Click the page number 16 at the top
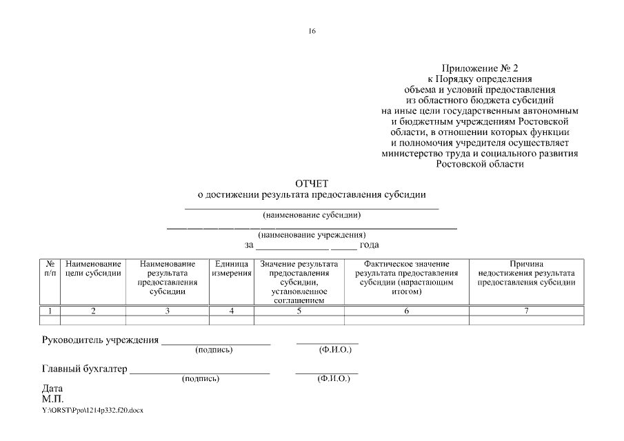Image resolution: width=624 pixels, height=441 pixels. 312,31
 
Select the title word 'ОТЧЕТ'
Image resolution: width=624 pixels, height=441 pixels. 312,183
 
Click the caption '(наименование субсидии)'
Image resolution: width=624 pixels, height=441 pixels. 312,215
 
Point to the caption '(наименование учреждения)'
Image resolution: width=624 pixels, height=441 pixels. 312,235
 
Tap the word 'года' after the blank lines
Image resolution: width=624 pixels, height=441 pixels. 370,245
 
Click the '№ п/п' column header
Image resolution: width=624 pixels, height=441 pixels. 50,269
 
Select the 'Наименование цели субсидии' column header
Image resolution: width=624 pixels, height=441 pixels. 93,269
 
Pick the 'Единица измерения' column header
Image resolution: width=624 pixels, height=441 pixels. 231,269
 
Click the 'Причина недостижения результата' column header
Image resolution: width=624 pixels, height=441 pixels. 527,273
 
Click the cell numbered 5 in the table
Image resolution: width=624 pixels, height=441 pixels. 299,311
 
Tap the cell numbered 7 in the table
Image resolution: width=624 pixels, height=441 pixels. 527,311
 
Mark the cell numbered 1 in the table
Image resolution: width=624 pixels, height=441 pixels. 50,311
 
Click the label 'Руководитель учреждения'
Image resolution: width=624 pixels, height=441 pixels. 101,340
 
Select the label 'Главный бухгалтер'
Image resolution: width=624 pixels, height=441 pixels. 85,369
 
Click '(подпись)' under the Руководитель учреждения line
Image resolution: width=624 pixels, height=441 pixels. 214,350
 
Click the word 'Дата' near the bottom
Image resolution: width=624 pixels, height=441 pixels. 52,388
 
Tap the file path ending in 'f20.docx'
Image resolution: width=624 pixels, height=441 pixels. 92,409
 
